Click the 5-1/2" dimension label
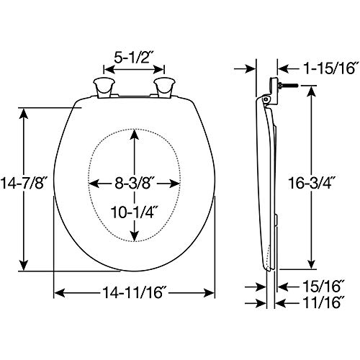point(135,55)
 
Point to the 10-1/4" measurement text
point(135,214)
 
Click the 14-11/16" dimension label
point(135,294)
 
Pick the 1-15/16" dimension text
point(319,68)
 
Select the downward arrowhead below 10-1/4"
point(135,238)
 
